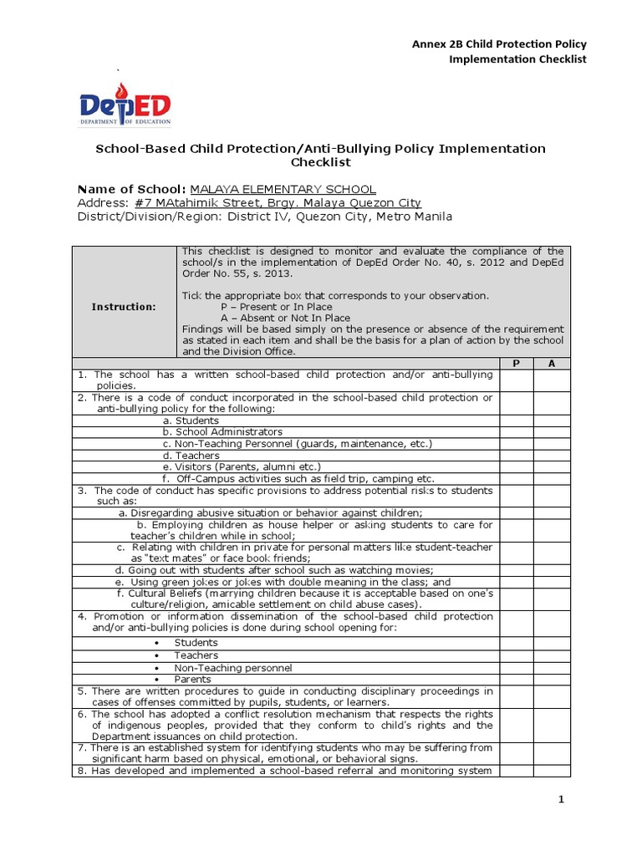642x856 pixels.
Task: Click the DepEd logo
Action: click(125, 105)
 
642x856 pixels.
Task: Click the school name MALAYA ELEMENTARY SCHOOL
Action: click(283, 190)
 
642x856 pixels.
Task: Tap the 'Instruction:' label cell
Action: click(124, 307)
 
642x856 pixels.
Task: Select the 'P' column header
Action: click(516, 364)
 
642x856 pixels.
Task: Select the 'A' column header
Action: click(551, 364)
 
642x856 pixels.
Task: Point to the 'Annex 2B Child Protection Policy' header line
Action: click(499, 43)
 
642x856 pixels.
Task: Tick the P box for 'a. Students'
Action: click(516, 420)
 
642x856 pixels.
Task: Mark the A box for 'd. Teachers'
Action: click(551, 456)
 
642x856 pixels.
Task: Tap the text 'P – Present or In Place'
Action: click(276, 307)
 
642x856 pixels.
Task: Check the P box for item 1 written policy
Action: click(516, 380)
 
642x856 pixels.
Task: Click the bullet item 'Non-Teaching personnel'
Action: click(232, 668)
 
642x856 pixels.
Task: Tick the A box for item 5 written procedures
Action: click(551, 697)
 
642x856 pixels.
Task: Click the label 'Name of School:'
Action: click(131, 190)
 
